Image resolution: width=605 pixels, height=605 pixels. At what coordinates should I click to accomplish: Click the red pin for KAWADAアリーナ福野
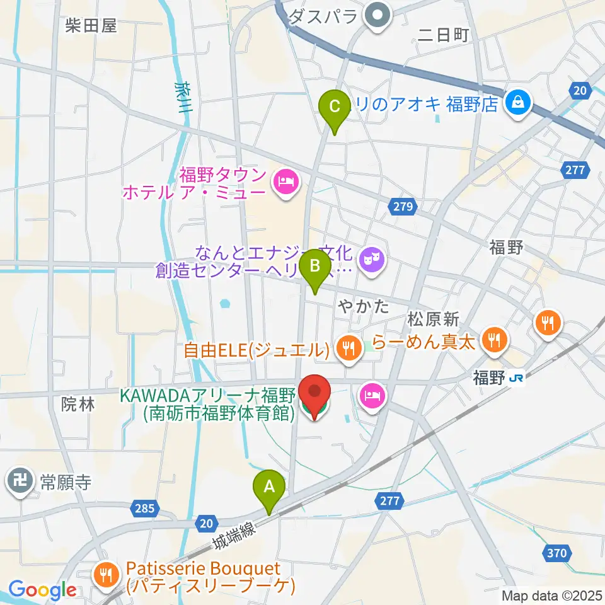tap(313, 396)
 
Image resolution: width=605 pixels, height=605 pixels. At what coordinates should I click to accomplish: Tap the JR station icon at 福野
tap(516, 379)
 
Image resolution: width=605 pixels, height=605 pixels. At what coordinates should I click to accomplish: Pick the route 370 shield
tap(557, 553)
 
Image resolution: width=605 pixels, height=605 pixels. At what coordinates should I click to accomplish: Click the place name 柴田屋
tap(91, 25)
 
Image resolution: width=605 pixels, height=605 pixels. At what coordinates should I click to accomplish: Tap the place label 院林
tap(79, 405)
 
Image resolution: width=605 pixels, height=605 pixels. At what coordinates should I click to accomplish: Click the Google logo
tap(42, 590)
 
